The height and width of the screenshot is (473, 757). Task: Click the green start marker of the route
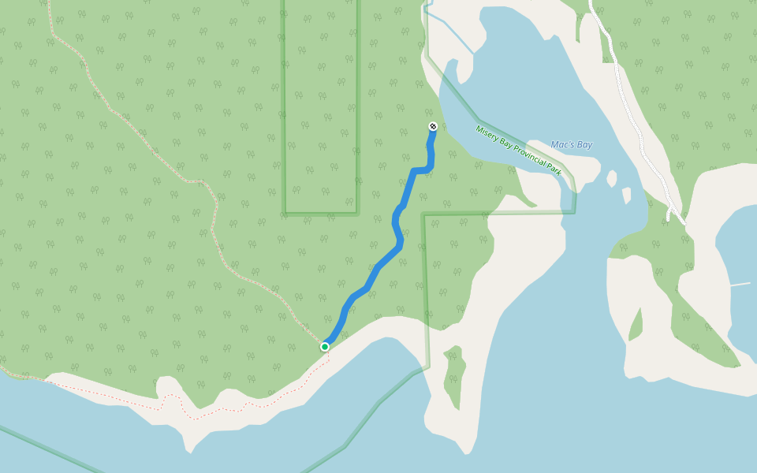324,346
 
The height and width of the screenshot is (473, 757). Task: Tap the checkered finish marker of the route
433,126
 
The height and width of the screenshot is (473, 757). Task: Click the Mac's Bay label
571,145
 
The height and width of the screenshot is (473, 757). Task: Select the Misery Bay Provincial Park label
518,150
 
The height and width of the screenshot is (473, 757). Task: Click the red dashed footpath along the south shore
237,408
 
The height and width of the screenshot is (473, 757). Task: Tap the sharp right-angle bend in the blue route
415,170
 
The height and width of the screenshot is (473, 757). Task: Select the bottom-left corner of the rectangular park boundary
285,213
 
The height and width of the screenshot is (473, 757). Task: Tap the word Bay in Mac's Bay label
584,145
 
